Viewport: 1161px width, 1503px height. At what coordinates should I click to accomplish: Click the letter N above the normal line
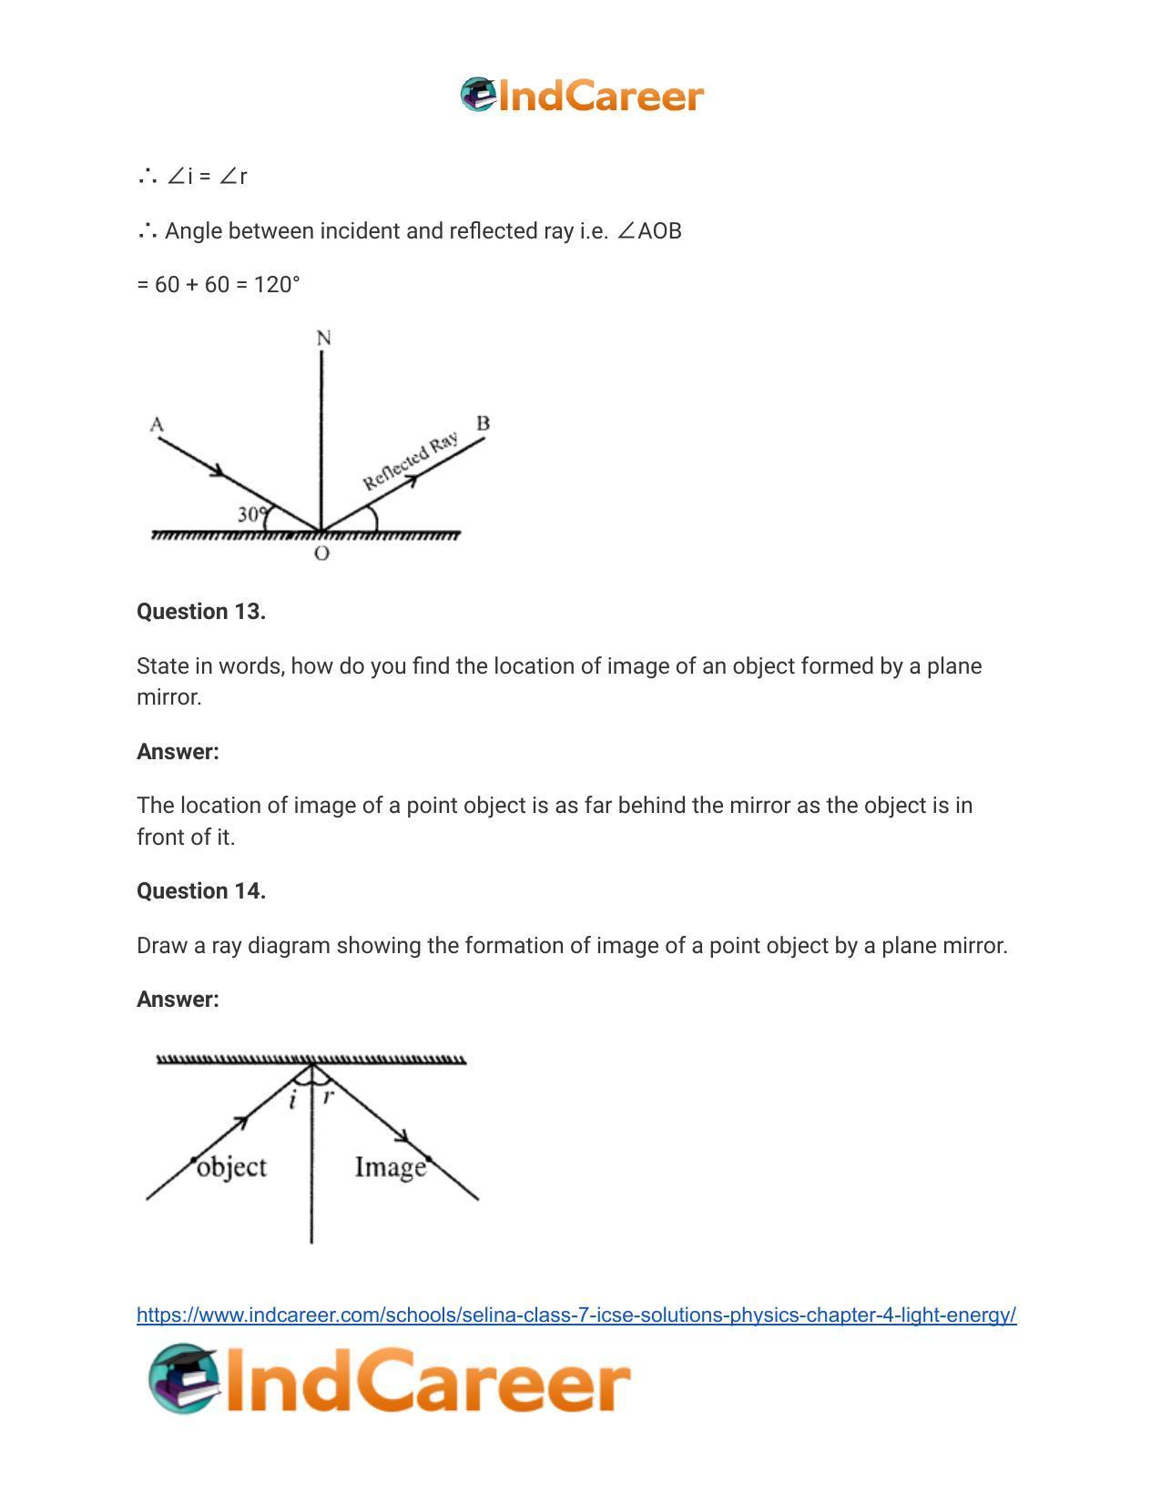pos(323,339)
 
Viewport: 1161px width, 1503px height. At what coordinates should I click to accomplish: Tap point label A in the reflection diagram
pos(157,424)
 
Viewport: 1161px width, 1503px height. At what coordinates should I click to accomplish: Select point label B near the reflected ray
pos(483,423)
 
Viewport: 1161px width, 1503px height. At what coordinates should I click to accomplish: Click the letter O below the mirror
pos(321,553)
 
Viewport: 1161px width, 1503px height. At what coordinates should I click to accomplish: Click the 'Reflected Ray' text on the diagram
pos(410,462)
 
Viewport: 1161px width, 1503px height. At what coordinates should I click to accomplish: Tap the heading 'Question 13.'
pos(201,612)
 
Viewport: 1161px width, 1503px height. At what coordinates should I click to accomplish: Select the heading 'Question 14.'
pos(201,891)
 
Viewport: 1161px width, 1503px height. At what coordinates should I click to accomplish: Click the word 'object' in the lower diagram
pos(231,1167)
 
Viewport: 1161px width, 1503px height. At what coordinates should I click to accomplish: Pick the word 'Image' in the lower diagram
pos(390,1167)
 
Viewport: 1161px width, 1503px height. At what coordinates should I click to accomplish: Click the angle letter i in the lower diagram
pos(292,1101)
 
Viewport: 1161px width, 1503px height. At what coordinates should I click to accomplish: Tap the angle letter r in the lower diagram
pos(329,1095)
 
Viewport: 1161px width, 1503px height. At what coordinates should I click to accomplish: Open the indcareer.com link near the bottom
pos(576,1315)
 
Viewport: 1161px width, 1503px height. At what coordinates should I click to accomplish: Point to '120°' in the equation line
pos(277,285)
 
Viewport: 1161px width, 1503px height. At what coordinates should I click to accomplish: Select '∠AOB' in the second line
pos(649,231)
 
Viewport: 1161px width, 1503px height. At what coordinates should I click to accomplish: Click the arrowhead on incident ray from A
pos(218,471)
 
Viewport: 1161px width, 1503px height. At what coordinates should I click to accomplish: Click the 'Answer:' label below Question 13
pos(178,752)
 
